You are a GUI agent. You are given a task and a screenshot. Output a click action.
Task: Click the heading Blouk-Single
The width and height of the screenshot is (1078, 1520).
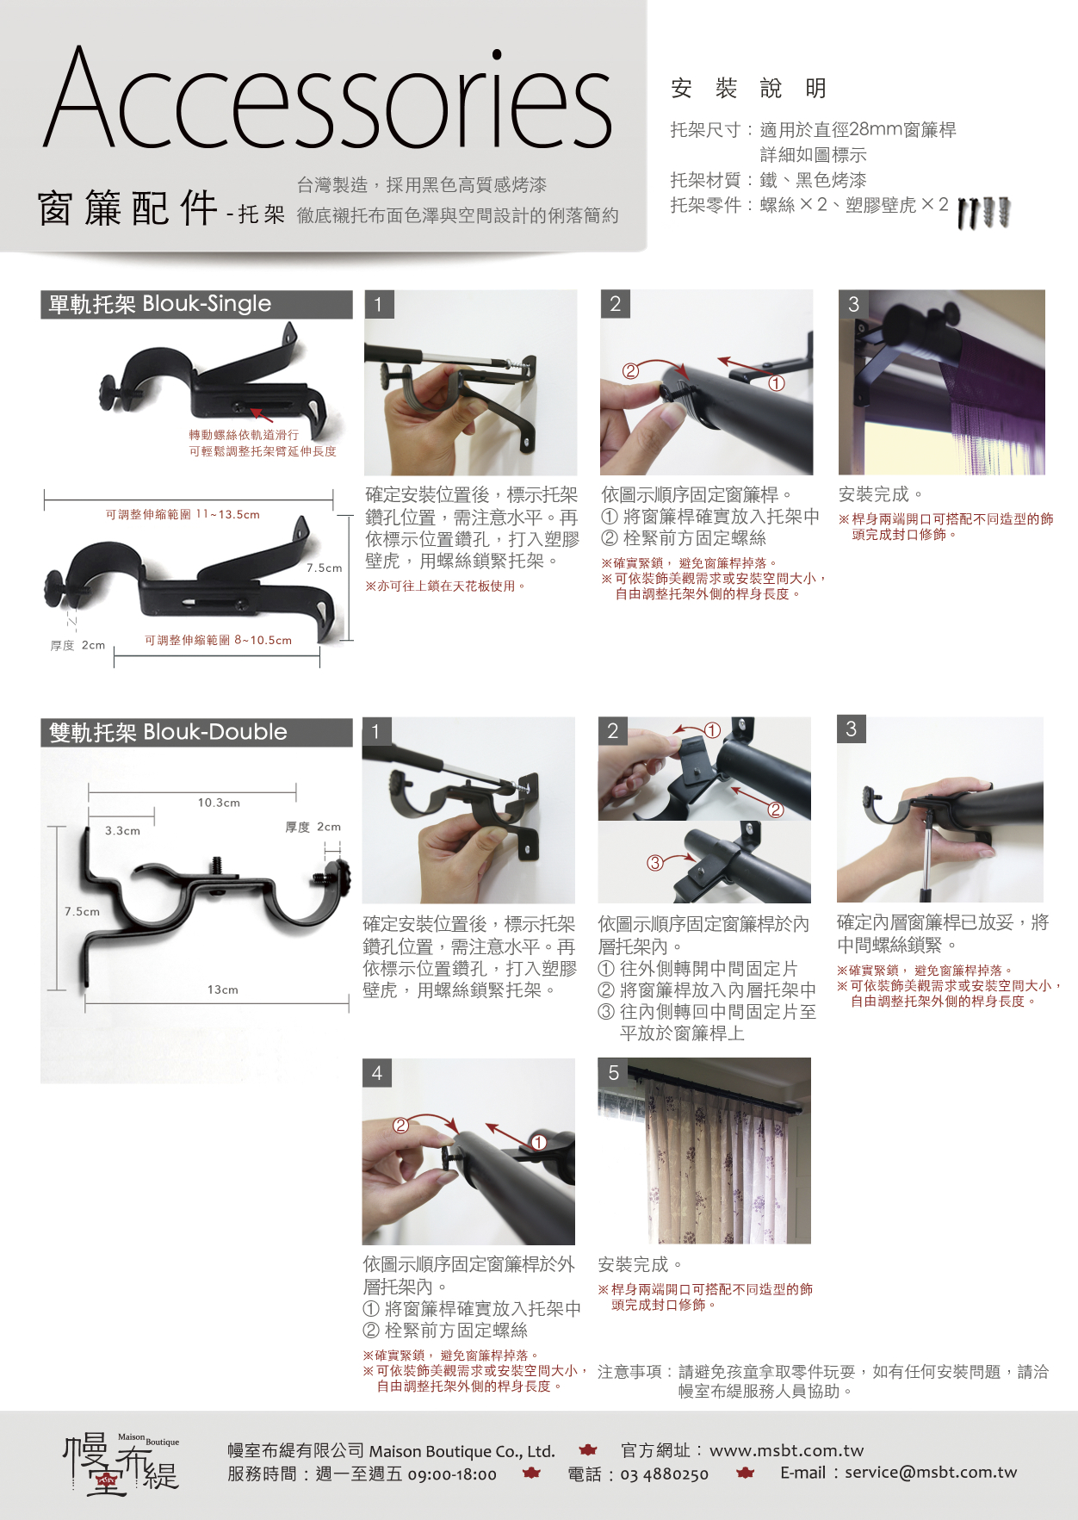point(207,304)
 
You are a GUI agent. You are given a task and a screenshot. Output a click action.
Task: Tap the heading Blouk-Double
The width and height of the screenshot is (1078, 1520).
point(215,732)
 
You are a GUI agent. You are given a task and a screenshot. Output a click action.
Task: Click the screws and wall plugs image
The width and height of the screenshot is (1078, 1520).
point(984,213)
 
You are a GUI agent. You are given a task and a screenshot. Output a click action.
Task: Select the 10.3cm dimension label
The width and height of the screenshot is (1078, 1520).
point(219,803)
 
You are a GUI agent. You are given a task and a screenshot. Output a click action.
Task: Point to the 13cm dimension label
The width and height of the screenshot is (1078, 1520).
point(222,990)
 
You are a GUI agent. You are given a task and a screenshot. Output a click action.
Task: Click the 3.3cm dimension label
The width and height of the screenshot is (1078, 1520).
point(122,831)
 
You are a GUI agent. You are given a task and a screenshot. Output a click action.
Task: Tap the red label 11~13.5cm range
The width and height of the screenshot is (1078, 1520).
point(183,514)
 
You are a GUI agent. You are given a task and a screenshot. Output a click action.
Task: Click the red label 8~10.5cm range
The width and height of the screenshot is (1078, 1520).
point(218,640)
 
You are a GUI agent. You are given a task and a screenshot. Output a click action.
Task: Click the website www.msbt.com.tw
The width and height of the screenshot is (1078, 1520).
point(786,1450)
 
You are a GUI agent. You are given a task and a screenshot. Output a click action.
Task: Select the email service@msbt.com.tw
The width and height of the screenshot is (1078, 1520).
point(931,1473)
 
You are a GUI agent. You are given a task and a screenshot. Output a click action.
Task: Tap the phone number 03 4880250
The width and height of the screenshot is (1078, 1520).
point(664,1474)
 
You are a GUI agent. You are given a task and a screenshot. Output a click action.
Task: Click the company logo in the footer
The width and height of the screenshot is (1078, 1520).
point(121,1462)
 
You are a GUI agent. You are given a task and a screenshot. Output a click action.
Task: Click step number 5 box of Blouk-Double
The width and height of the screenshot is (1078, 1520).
point(613,1073)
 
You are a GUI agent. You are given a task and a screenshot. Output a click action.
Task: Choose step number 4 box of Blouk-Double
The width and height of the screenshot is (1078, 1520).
point(377,1073)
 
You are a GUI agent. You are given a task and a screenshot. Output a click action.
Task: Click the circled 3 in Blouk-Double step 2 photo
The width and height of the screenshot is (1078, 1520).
point(655,862)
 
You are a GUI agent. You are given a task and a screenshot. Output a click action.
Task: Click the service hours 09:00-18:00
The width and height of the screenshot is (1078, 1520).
point(452,1474)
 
